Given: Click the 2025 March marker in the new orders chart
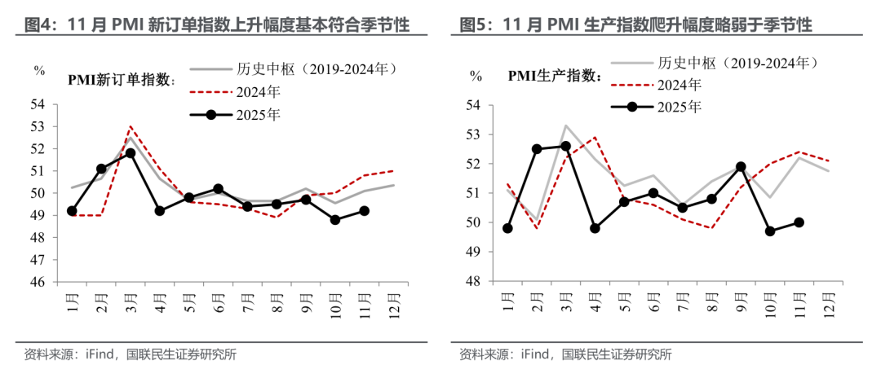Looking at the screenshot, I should tap(131, 153).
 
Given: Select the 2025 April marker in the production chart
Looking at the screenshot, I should tap(595, 228).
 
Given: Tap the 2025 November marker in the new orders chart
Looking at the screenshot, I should tap(365, 210).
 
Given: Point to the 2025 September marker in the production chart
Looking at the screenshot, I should tap(741, 166).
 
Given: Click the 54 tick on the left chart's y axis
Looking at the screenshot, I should tap(38, 104).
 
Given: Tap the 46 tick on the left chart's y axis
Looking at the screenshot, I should tap(38, 282).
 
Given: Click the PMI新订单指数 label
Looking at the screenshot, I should tap(120, 79).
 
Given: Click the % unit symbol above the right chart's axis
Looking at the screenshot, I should tap(476, 75).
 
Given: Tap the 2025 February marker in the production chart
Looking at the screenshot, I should tap(537, 149).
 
